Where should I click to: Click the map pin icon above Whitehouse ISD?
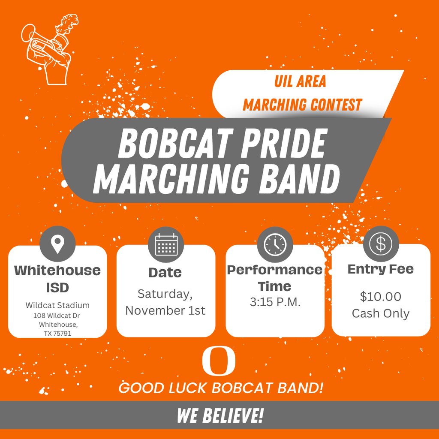[57, 244]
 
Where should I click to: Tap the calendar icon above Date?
[166, 244]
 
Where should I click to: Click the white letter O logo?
[219, 361]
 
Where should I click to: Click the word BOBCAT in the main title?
[171, 144]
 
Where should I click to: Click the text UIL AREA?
[301, 81]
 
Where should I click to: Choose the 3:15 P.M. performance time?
[275, 302]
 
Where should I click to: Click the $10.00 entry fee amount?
[381, 296]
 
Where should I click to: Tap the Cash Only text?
[381, 313]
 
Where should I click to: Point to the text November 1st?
[165, 310]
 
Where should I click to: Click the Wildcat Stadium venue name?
[57, 306]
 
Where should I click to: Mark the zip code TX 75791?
[57, 333]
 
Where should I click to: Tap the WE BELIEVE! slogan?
[220, 415]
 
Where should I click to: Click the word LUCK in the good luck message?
[187, 388]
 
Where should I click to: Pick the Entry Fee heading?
[381, 269]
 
